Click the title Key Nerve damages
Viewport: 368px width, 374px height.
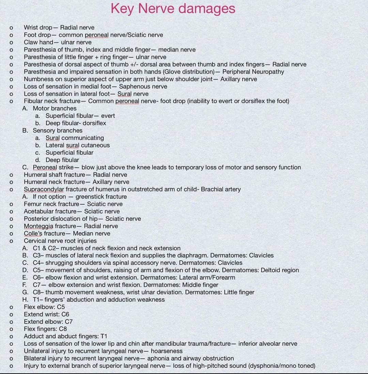173,9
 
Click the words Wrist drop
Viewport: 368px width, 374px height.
38,28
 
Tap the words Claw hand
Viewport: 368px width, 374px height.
39,42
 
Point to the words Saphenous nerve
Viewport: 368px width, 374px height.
143,87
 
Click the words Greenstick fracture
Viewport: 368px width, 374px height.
101,197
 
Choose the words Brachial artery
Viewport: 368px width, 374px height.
221,189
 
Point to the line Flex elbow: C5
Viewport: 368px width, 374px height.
44,307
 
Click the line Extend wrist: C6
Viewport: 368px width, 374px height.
46,314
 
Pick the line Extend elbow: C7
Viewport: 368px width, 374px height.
48,322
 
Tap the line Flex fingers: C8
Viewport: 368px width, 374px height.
45,329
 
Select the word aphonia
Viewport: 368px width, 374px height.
158,359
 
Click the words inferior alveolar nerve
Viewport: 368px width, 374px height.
268,344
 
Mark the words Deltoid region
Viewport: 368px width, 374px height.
280,270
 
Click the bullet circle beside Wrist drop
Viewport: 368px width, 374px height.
11,28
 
